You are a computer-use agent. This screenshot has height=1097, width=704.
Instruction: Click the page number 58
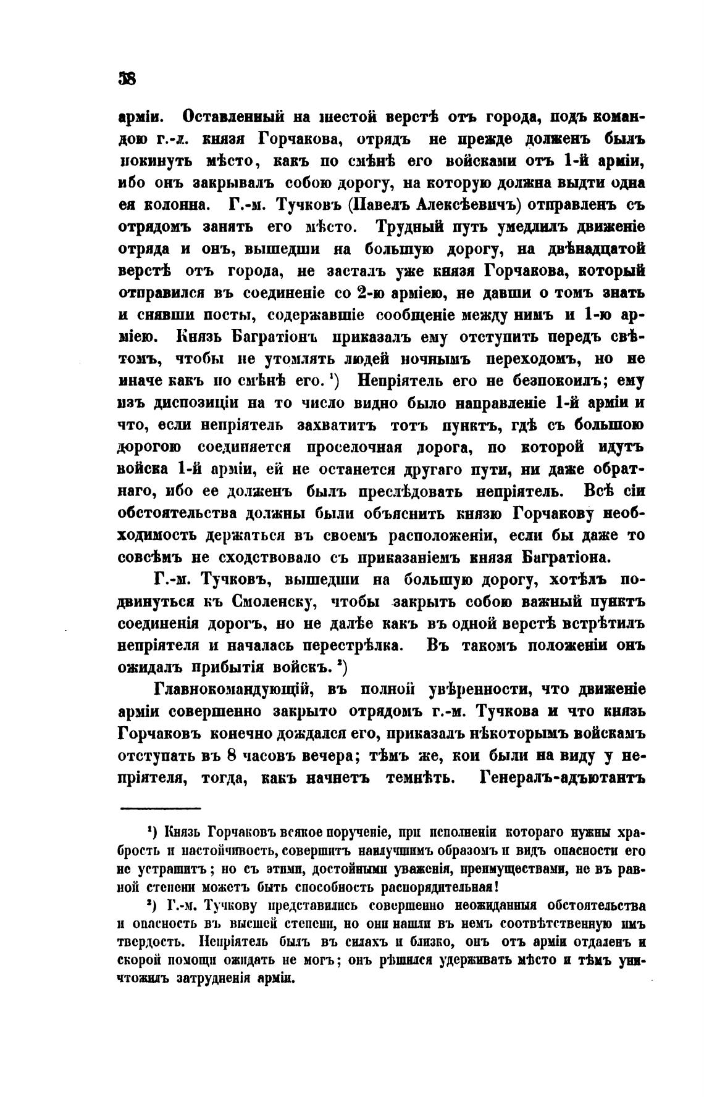pyautogui.click(x=128, y=79)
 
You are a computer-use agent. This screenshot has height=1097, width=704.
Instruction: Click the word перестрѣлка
pyautogui.click(x=351, y=645)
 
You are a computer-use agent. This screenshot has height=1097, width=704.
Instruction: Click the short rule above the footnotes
pyautogui.click(x=160, y=809)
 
